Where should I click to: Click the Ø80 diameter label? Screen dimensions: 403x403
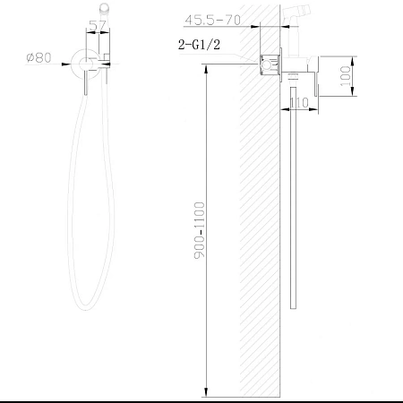click(x=39, y=58)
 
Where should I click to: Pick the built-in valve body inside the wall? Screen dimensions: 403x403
click(x=267, y=64)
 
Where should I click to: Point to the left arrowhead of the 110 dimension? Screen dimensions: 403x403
click(x=285, y=111)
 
